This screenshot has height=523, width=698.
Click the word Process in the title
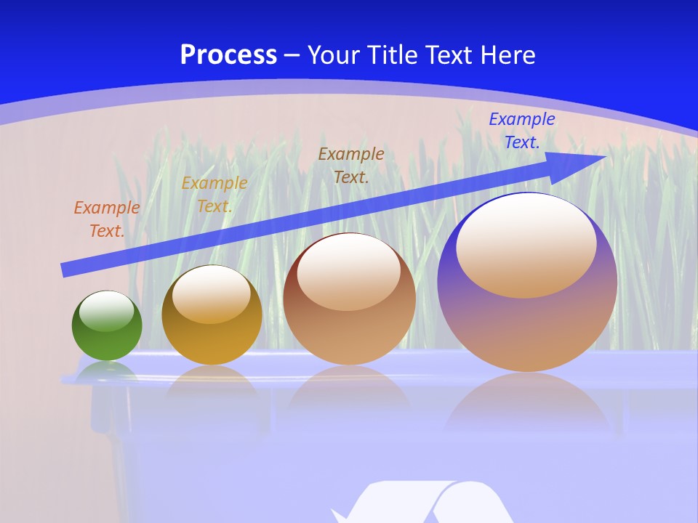coord(228,55)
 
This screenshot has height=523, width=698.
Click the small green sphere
coord(107,326)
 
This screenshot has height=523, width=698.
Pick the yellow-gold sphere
coord(212,315)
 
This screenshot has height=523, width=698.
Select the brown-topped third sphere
coord(349,299)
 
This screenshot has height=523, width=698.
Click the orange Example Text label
coord(106,219)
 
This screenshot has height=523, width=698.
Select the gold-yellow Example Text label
coord(214,195)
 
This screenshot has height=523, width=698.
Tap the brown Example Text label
coord(351,165)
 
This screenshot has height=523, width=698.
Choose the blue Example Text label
coord(521,131)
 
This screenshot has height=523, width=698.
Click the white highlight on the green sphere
coord(107,311)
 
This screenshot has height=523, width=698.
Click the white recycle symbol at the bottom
coord(422,505)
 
